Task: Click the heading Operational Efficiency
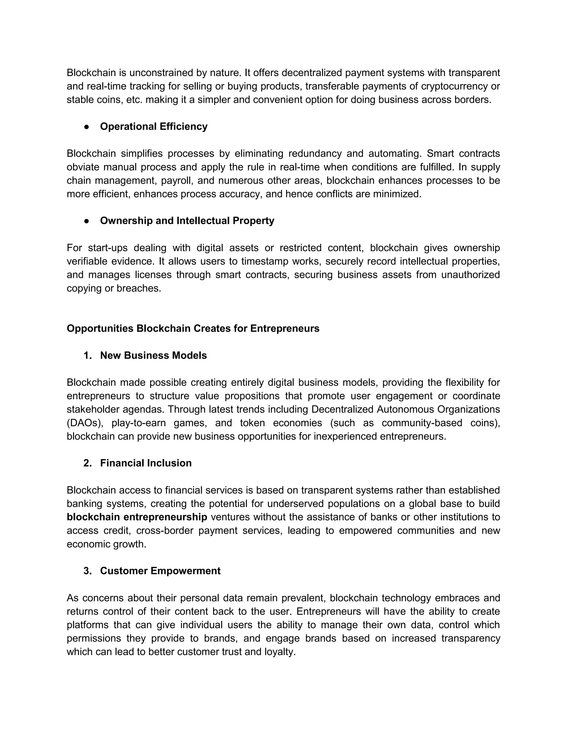click(x=153, y=126)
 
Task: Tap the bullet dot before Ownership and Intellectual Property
click(x=87, y=221)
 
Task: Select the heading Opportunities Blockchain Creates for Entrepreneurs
click(x=193, y=328)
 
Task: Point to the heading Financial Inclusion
click(x=146, y=463)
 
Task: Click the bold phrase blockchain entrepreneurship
click(x=137, y=517)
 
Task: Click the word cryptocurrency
click(x=455, y=86)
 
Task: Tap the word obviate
click(x=82, y=167)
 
